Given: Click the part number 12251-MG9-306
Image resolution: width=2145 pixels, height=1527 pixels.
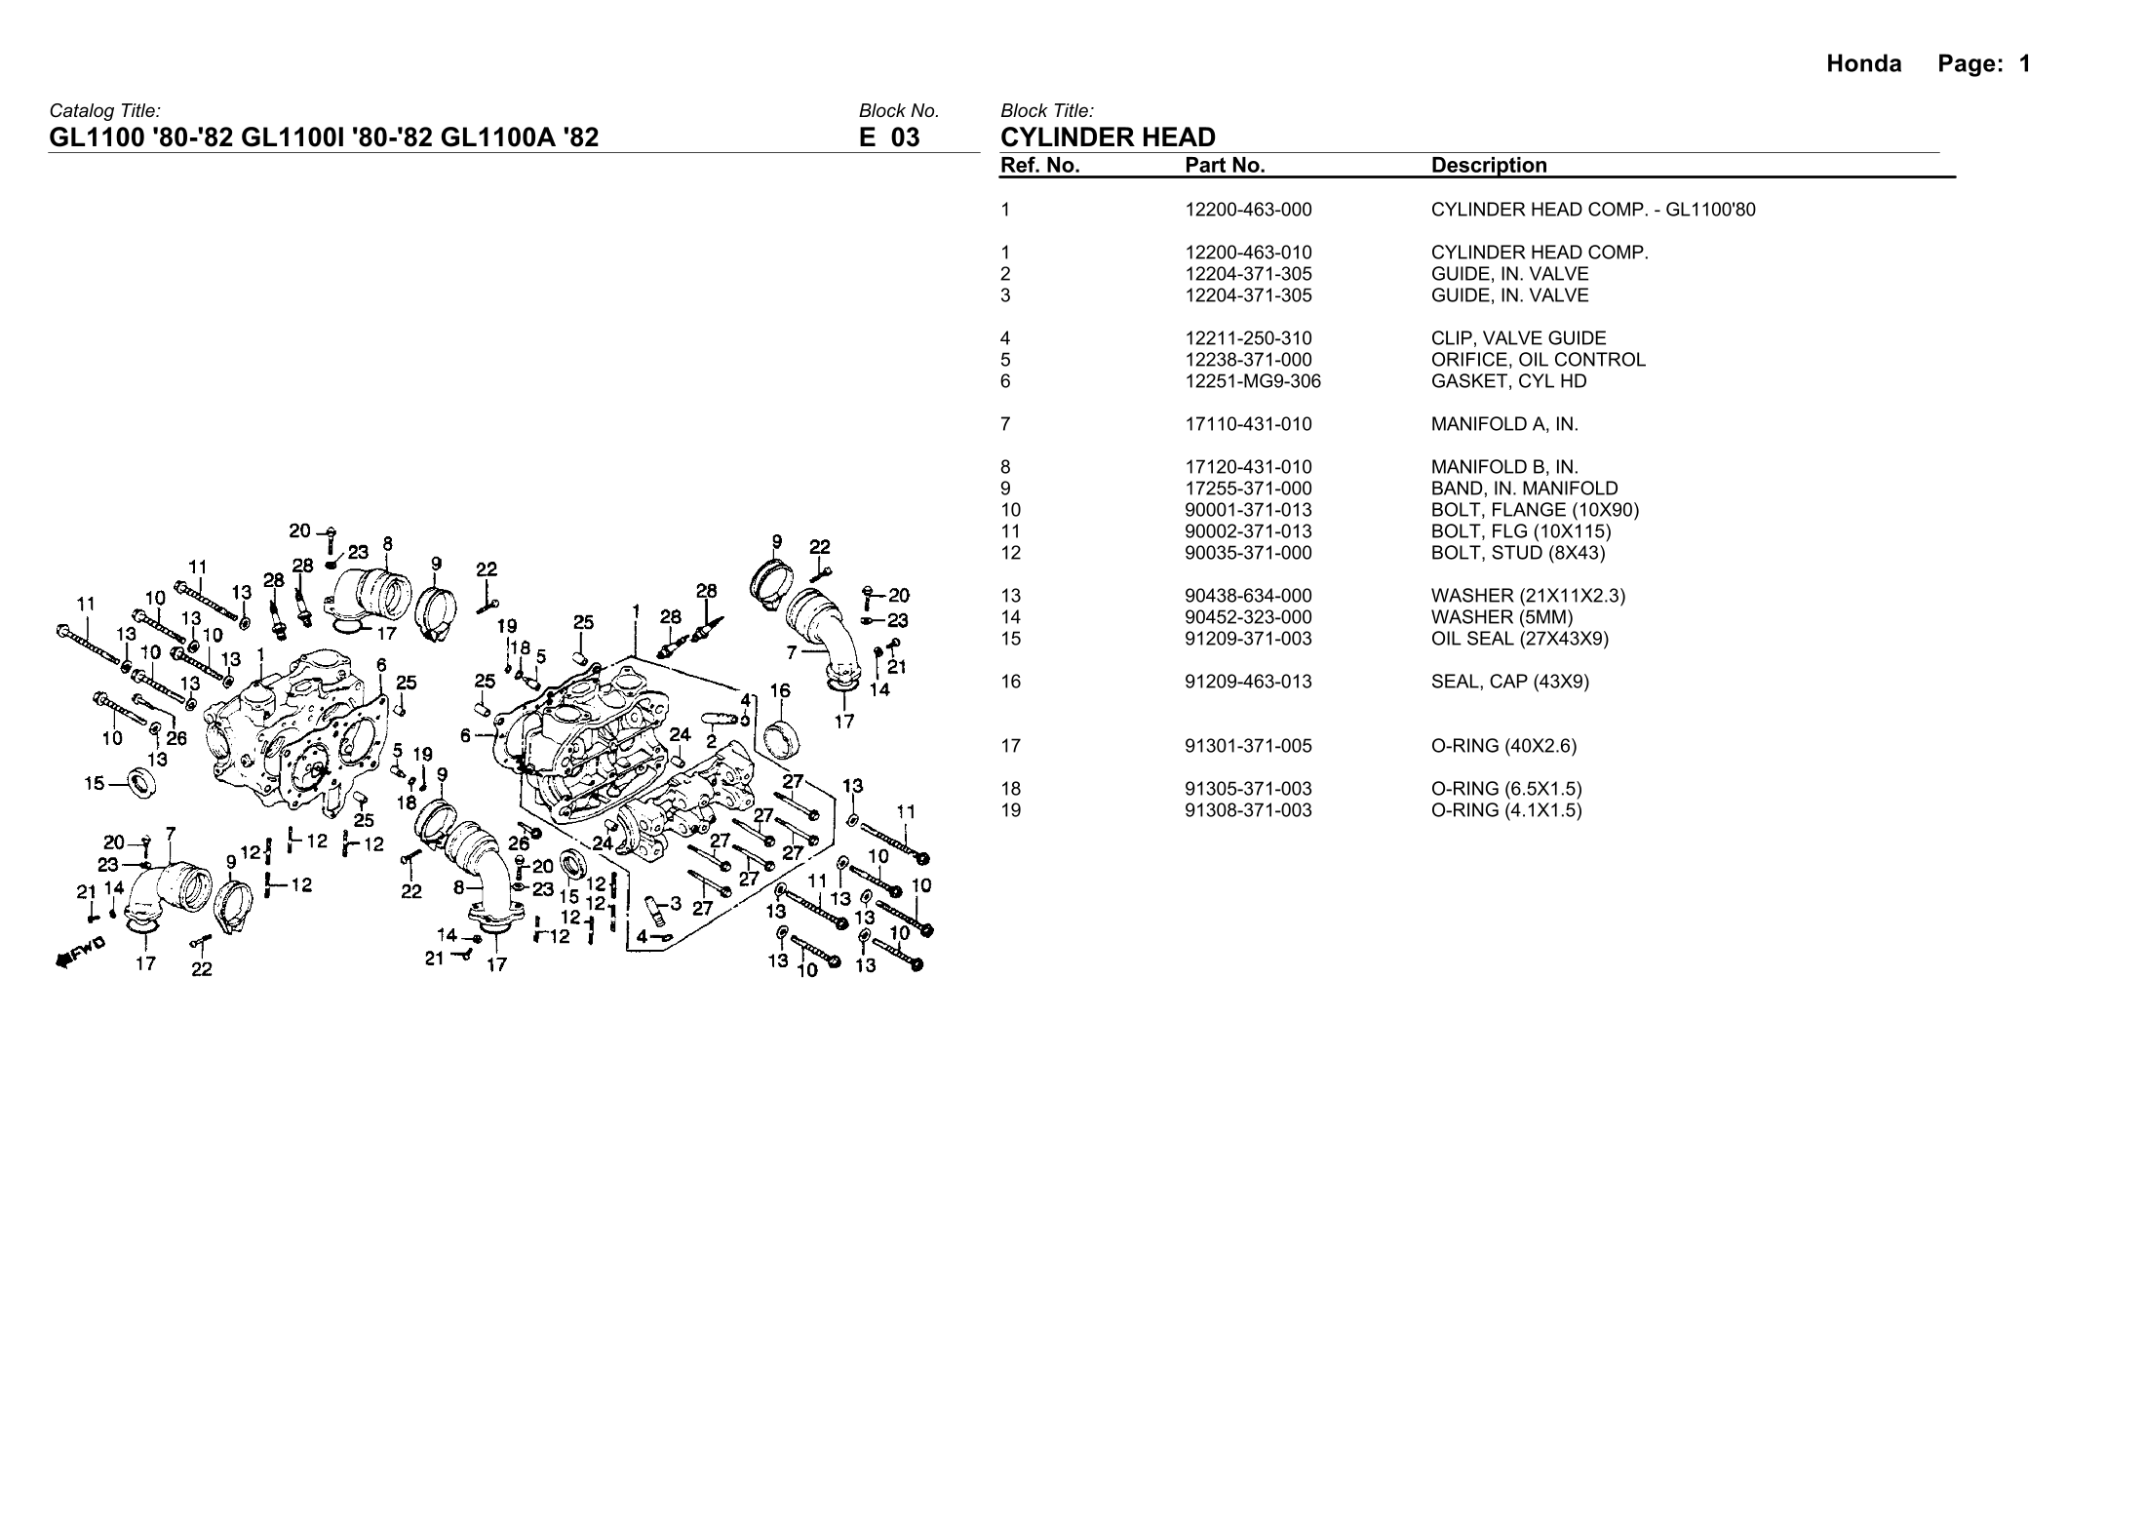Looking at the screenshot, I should (1252, 381).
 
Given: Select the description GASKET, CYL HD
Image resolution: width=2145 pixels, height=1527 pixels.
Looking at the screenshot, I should (1508, 381).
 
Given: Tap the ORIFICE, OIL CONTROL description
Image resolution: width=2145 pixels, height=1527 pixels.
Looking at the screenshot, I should (1538, 360).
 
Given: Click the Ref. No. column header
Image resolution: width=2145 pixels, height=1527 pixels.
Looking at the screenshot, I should (1039, 166).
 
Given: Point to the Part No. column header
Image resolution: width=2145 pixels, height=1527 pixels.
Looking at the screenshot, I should (1225, 166).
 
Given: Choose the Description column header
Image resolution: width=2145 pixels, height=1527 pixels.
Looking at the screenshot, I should (1488, 166).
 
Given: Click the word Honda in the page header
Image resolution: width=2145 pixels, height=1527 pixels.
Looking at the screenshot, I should (1863, 64).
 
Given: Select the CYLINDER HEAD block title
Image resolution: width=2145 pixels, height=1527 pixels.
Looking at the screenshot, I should (1108, 137).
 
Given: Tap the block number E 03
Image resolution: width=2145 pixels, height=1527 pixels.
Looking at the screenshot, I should (888, 137).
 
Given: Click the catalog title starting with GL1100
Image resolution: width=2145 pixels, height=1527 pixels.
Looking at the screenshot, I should (324, 137).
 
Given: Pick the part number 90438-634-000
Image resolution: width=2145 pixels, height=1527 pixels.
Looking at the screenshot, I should (1248, 596).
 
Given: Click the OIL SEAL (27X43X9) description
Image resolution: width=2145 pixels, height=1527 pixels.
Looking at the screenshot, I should (1519, 639).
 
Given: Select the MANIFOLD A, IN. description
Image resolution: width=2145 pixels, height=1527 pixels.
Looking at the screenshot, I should (1503, 424).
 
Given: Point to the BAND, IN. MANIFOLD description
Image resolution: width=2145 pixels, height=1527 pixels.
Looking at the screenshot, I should (1524, 489).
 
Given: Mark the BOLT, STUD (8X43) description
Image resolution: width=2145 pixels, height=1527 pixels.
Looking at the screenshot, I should (1517, 553).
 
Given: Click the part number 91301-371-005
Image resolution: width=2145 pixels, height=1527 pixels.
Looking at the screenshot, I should (1248, 746).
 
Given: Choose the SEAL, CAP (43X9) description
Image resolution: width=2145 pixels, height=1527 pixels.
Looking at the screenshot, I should (1509, 682).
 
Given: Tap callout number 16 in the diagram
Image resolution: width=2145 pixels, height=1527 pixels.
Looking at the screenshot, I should (780, 690).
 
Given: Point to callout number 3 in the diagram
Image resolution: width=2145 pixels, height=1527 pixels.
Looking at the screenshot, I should (676, 902).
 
